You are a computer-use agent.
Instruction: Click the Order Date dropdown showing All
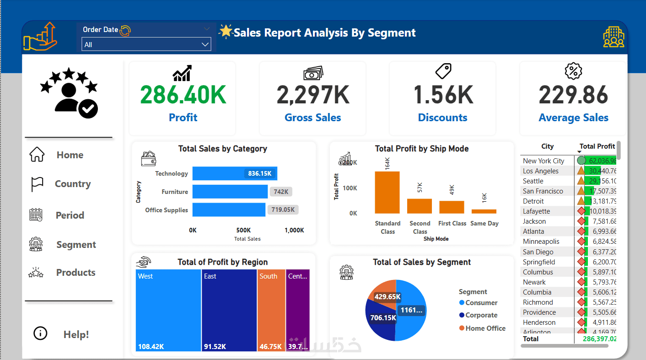coord(146,44)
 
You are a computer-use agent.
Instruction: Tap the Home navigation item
coord(70,155)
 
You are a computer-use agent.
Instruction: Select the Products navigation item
coord(75,273)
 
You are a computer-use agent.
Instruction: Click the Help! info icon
coord(40,333)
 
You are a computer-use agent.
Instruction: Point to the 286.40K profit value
coord(183,95)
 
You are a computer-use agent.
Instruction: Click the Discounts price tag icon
coord(443,71)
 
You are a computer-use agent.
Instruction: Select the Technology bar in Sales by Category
coord(234,174)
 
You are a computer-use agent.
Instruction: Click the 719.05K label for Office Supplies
coord(283,210)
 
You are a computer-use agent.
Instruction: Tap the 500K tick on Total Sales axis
coord(243,230)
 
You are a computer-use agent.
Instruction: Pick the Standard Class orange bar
coord(387,192)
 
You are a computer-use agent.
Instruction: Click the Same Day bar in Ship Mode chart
coord(484,211)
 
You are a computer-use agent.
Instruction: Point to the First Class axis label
coord(452,223)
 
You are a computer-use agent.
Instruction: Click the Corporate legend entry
coord(481,315)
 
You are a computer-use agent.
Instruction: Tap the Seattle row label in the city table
coord(533,181)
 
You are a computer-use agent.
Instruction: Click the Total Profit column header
coord(597,146)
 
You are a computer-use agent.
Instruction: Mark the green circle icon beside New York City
coord(581,161)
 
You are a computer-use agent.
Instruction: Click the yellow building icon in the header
coord(614,37)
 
